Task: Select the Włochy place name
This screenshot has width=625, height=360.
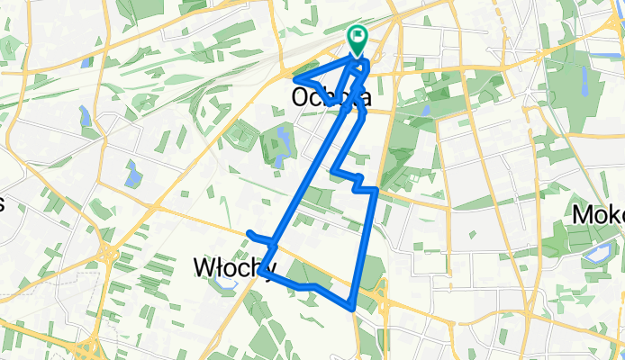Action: pyautogui.click(x=231, y=267)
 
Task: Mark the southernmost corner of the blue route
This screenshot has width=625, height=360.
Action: pyautogui.click(x=351, y=309)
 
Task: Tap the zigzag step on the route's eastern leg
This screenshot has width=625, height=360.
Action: pyautogui.click(x=365, y=184)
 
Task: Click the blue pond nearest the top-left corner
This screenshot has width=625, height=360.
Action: pyautogui.click(x=85, y=63)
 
